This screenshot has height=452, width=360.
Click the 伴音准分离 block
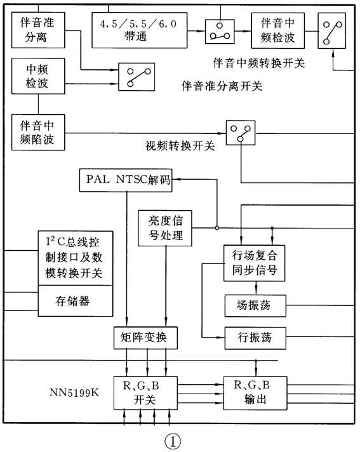[39, 29]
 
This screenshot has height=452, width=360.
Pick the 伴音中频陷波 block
[39, 132]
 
